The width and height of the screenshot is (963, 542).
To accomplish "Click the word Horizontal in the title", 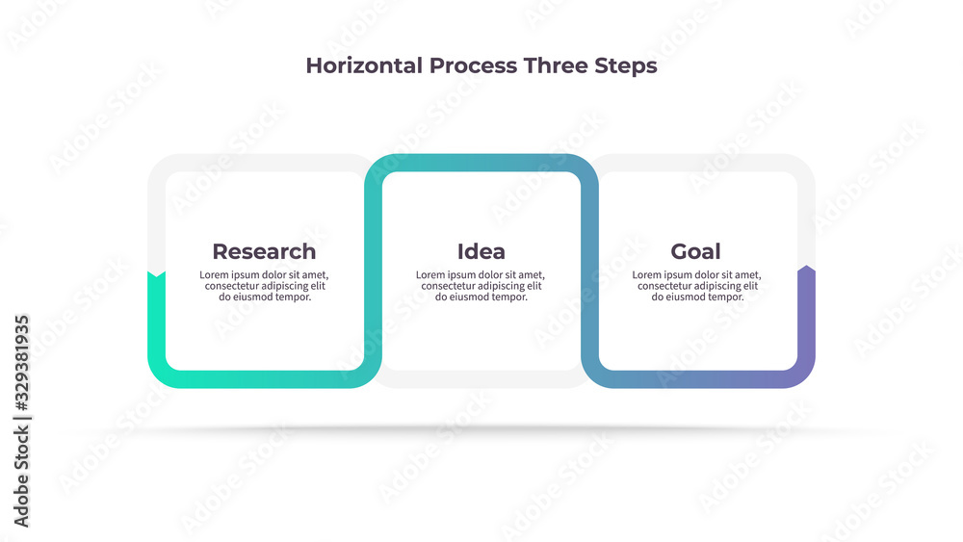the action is click(364, 65).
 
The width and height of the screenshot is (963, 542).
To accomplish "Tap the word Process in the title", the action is click(473, 65).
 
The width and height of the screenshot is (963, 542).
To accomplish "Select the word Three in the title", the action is click(556, 65).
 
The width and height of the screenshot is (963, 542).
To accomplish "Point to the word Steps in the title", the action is click(626, 66).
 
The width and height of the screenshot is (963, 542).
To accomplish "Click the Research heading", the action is click(264, 251).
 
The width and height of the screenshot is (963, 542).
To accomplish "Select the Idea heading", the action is click(481, 251).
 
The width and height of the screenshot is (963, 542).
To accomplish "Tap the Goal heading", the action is click(695, 251).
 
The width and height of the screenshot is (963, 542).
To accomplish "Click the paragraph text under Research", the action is click(264, 286).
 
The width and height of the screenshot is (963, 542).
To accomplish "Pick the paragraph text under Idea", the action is click(481, 286).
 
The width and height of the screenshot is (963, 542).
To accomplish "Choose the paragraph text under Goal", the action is click(696, 286).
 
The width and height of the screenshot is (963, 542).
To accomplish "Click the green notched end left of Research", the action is click(157, 275).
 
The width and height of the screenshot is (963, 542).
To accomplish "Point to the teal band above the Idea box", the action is click(481, 163).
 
